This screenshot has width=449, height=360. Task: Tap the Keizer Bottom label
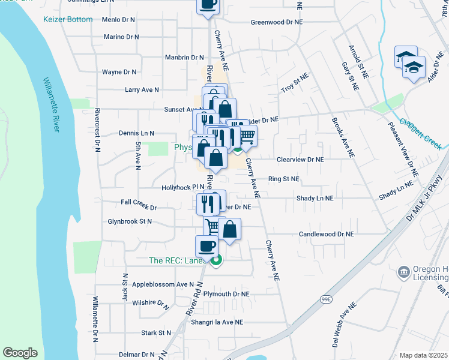(x=68, y=19)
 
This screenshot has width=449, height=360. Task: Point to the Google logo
(x=20, y=353)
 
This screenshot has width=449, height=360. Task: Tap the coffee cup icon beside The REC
(x=206, y=245)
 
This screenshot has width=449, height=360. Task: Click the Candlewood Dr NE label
(x=327, y=234)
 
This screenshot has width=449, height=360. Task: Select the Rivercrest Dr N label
(x=96, y=129)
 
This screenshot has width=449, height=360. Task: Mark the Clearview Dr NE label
(x=300, y=160)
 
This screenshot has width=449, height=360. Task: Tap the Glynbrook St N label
(x=129, y=221)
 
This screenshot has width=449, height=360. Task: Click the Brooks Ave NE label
(x=342, y=137)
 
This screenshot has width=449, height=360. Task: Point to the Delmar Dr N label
(x=136, y=355)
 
